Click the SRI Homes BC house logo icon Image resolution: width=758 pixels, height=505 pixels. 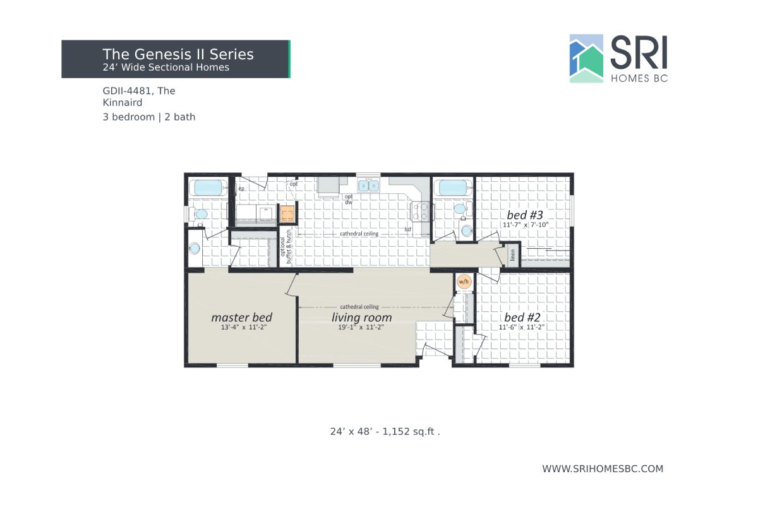[x=586, y=59]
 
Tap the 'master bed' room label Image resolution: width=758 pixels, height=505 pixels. [x=241, y=317]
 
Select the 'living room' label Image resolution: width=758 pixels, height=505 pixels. [x=361, y=318]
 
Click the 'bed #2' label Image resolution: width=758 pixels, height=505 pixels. [x=522, y=317]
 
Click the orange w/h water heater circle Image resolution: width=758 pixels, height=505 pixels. [x=464, y=282]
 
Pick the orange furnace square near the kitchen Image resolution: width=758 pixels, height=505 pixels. [x=288, y=215]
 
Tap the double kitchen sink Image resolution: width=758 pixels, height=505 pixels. [x=369, y=186]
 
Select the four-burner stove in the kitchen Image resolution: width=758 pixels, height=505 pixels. [x=421, y=211]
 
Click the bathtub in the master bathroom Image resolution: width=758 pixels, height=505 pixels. [x=208, y=187]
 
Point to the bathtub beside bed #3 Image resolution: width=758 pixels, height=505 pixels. [x=452, y=187]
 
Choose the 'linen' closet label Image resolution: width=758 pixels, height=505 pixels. [x=512, y=255]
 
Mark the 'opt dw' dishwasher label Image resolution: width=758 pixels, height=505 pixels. [x=348, y=199]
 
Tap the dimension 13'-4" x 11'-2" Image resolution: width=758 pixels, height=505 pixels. [x=241, y=328]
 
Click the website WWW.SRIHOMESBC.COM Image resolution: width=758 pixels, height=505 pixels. [x=603, y=468]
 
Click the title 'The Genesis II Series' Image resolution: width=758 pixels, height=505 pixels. [x=178, y=54]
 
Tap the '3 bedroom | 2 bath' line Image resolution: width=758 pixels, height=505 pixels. [x=149, y=117]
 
